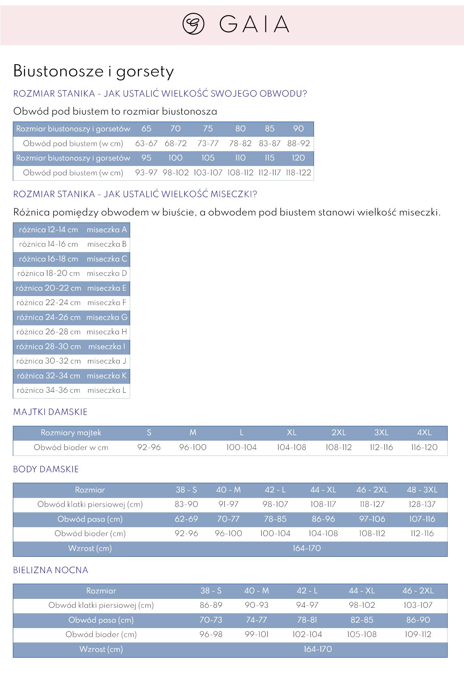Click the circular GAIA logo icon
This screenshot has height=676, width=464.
click(x=193, y=24)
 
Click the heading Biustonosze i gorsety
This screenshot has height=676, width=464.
click(x=94, y=71)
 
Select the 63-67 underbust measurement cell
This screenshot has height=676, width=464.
click(x=146, y=143)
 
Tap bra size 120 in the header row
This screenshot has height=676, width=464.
click(x=298, y=158)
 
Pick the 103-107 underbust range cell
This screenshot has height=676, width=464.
click(x=208, y=173)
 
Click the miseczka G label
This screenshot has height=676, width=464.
click(x=107, y=317)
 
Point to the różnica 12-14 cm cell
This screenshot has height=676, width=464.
click(x=48, y=229)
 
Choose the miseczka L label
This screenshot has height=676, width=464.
click(x=107, y=390)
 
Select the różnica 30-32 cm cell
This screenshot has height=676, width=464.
click(x=48, y=361)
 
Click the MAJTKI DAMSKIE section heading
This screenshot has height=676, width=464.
click(x=50, y=412)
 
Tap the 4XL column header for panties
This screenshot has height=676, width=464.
click(x=424, y=432)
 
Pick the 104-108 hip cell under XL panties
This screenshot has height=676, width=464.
click(x=291, y=447)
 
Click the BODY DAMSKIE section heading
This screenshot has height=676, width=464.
click(x=46, y=469)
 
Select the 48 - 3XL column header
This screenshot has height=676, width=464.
click(x=422, y=490)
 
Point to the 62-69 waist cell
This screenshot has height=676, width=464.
click(x=186, y=519)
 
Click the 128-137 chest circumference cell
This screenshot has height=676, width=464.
click(x=422, y=504)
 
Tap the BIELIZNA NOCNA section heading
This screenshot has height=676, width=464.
click(x=51, y=570)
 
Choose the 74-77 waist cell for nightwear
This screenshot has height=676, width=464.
click(x=256, y=620)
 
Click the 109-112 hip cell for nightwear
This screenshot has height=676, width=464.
click(x=418, y=634)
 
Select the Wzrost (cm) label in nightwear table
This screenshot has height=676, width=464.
click(x=101, y=649)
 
